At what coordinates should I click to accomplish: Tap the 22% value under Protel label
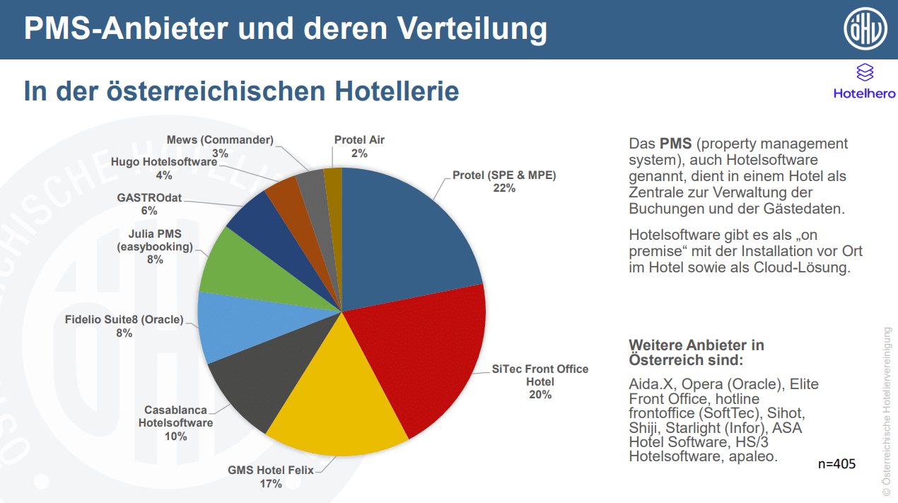coord(504,188)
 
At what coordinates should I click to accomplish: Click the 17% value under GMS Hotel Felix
coord(270,483)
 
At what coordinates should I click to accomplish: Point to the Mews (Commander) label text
coord(220,140)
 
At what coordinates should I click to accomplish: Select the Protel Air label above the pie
coord(359,140)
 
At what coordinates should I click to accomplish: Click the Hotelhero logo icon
coord(864,72)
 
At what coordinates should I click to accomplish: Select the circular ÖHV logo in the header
coord(865,30)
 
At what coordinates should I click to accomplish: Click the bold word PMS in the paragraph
coord(676,144)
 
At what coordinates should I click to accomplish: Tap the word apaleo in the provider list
coord(754,456)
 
